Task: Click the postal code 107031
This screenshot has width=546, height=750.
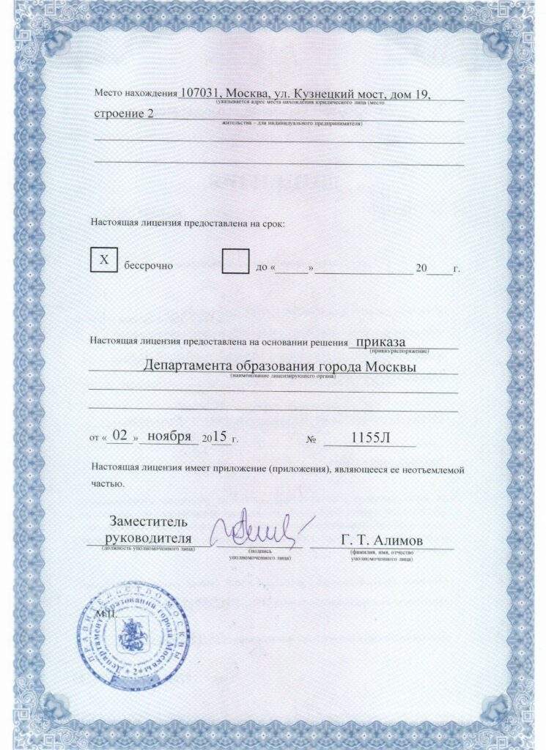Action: coord(201,94)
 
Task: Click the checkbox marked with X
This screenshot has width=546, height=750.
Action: coord(104,260)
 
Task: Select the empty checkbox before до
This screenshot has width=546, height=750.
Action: coord(235,260)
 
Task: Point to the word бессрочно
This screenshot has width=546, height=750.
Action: coord(148,265)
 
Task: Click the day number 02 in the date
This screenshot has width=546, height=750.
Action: coord(122,436)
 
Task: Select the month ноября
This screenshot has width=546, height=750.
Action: coord(169,437)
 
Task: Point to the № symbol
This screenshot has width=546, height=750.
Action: coord(311,439)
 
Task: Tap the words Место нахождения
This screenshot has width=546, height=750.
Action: coord(136,95)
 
